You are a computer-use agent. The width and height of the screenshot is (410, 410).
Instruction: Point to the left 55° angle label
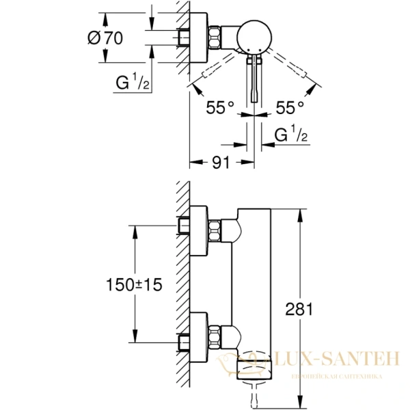pyautogui.click(x=221, y=107)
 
